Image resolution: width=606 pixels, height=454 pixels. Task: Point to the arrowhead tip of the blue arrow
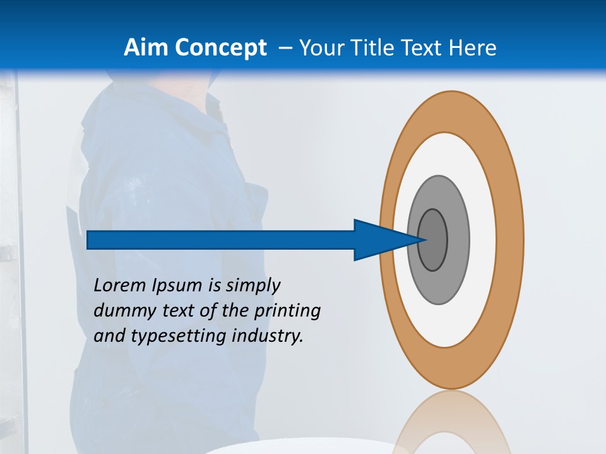click(426, 240)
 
